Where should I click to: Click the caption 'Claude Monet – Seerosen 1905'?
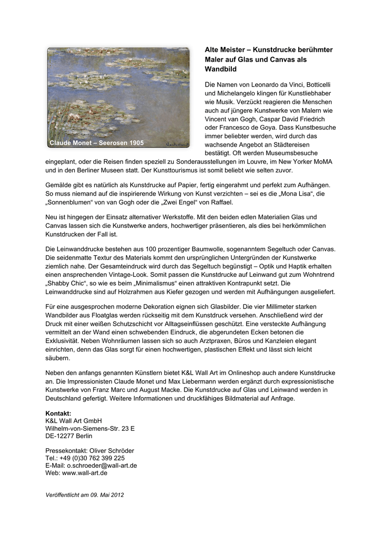pyautogui.click(x=96, y=143)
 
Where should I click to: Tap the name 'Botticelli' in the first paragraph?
pyautogui.click(x=321, y=85)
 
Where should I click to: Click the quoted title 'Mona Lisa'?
pyautogui.click(x=299, y=194)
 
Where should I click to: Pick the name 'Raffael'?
pyautogui.click(x=219, y=202)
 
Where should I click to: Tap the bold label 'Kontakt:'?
pyautogui.click(x=58, y=413)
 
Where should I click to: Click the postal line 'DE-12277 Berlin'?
pyautogui.click(x=69, y=436)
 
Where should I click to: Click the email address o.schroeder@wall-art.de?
pyautogui.click(x=102, y=466)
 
